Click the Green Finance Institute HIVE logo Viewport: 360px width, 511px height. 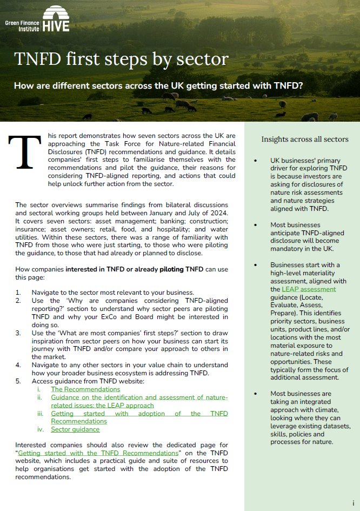coord(37,19)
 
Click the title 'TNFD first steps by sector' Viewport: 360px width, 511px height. coord(121,59)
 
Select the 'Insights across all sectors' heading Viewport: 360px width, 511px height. coord(305,139)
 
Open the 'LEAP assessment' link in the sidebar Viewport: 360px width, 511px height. coord(309,289)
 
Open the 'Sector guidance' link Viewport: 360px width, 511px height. coord(75,429)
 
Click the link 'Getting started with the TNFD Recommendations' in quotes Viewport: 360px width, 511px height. coord(98,453)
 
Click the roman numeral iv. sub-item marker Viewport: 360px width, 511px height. coord(41,429)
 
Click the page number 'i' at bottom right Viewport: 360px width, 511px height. coord(353,503)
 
